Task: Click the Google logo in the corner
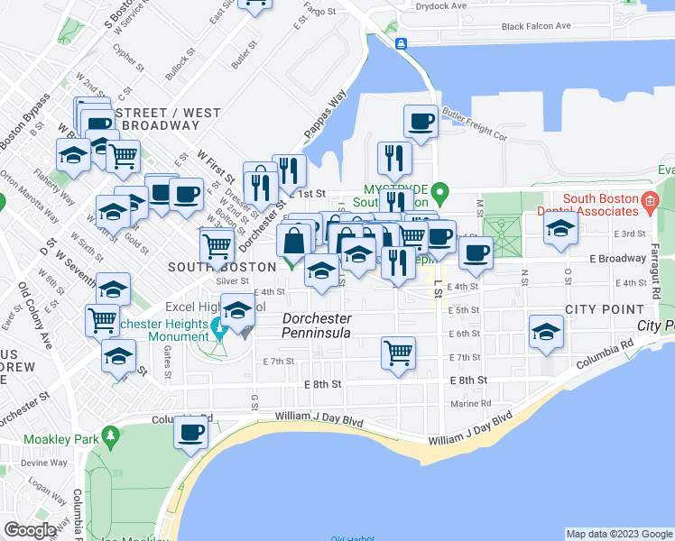(x=30, y=531)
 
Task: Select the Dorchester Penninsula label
(x=315, y=326)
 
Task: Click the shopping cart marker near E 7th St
(x=398, y=353)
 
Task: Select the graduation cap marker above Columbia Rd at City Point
(x=546, y=332)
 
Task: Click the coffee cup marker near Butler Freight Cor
(x=421, y=121)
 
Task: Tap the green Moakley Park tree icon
(x=112, y=438)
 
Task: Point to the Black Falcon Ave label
(x=536, y=26)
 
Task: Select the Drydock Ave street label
(x=441, y=5)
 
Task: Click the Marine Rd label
(x=471, y=403)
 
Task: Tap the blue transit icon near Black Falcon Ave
(x=402, y=43)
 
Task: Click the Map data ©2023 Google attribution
(x=619, y=534)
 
